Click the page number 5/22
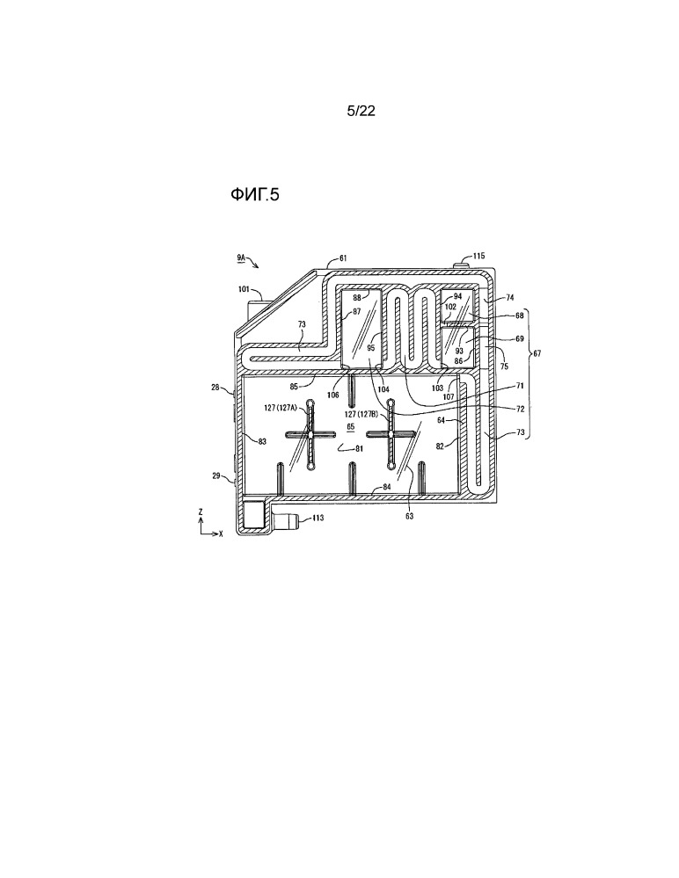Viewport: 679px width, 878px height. (361, 111)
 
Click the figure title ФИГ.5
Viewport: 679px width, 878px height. (254, 194)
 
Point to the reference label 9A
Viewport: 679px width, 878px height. (240, 257)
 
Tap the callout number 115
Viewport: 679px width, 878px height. (478, 256)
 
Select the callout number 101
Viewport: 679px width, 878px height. (244, 289)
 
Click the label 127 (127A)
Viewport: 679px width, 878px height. (282, 408)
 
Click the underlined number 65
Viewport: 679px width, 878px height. (351, 426)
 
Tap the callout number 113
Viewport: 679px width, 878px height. (318, 518)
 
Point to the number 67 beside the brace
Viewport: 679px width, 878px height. (537, 353)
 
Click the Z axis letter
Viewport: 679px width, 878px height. (201, 512)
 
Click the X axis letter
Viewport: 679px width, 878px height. (221, 534)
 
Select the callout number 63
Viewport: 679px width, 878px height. (410, 516)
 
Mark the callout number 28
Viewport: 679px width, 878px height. (215, 387)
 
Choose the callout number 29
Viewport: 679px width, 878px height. (215, 475)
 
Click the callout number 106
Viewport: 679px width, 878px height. (333, 395)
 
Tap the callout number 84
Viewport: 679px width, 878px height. (387, 487)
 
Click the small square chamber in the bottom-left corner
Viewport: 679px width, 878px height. (253, 513)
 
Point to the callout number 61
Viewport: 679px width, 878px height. (343, 258)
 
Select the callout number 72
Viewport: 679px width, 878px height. (520, 409)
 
